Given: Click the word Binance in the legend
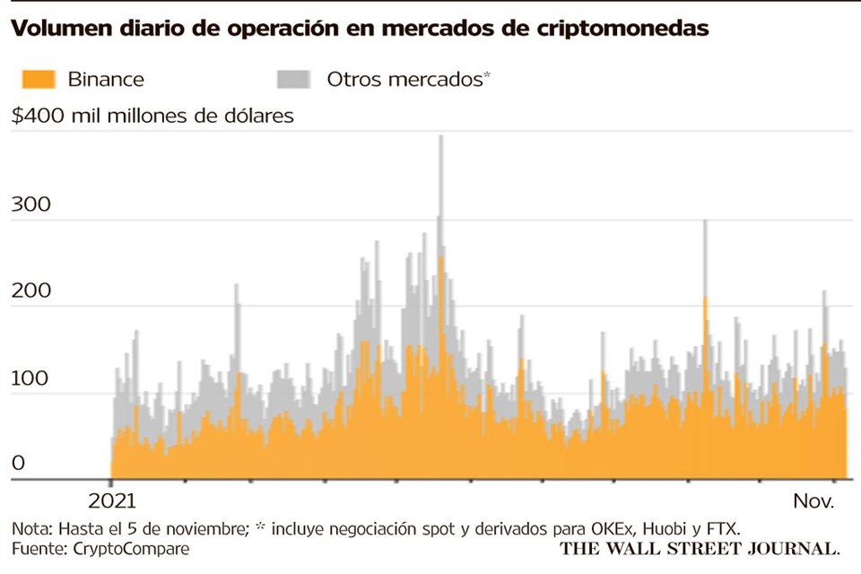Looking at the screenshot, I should [x=106, y=79].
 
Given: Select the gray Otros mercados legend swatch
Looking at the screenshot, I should [x=292, y=79].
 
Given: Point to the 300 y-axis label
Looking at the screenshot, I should [x=30, y=204].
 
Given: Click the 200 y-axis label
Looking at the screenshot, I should [x=30, y=291].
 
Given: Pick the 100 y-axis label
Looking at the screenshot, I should [x=30, y=378].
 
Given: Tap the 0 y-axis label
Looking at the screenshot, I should [x=18, y=464].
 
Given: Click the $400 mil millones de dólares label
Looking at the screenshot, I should [x=152, y=116].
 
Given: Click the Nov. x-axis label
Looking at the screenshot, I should [x=813, y=501].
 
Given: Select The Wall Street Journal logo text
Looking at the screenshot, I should [x=700, y=547].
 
